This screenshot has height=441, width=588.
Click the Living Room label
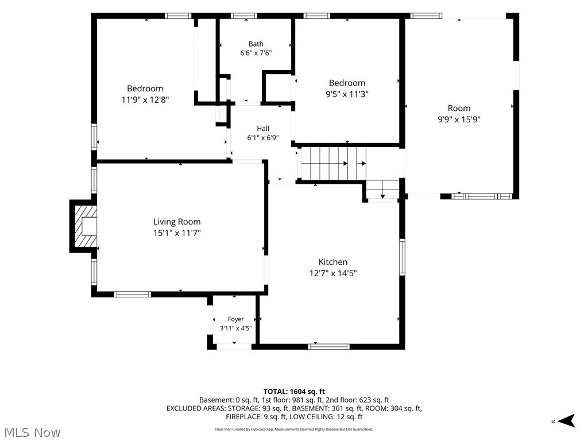tap(177, 222)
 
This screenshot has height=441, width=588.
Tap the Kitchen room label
tap(333, 262)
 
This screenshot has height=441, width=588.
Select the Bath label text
tap(256, 44)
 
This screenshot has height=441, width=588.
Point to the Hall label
tap(263, 129)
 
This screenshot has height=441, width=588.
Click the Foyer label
tap(236, 319)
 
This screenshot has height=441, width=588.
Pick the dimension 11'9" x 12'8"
tap(145, 100)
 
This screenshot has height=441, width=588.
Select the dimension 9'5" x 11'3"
tap(347, 94)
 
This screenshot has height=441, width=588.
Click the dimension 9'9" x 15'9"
tap(459, 119)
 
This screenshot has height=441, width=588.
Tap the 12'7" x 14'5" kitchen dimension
tap(333, 273)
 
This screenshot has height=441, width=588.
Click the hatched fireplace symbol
tap(86, 226)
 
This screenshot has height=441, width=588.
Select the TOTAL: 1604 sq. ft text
tap(294, 392)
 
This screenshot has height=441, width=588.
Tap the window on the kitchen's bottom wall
tap(329, 346)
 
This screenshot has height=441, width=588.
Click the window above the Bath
tap(243, 16)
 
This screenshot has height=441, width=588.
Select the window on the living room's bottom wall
tap(133, 295)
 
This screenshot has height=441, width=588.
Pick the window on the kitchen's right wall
tap(402, 257)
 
